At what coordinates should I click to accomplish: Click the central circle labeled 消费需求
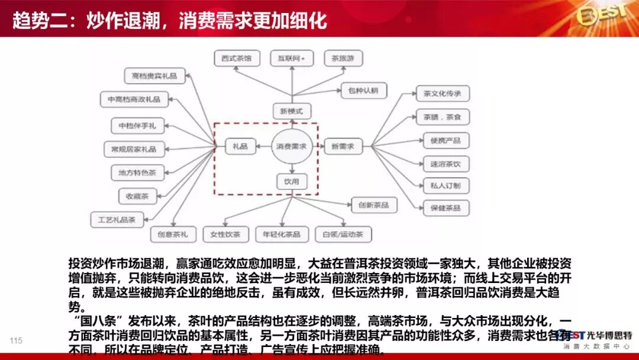tap(292, 146)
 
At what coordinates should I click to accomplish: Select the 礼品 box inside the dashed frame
tap(240, 146)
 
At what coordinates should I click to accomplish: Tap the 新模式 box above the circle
tap(292, 111)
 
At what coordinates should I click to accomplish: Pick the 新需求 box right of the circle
tap(343, 146)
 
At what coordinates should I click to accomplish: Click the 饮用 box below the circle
tap(292, 182)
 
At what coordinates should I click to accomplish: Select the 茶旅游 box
tap(343, 58)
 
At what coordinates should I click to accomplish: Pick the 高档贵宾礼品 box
tap(154, 75)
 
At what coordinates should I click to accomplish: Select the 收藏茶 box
tap(137, 195)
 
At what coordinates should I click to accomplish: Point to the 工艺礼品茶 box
tap(117, 220)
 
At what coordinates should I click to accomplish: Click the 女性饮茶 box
tap(225, 234)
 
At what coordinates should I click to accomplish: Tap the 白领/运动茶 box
tap(343, 234)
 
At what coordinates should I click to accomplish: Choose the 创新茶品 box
tap(374, 205)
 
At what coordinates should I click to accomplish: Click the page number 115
tap(16, 340)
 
